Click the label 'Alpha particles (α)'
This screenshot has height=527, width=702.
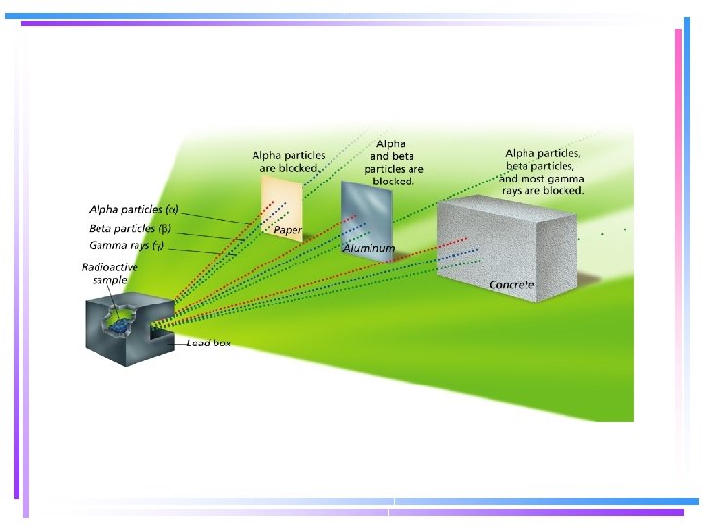tap(133, 209)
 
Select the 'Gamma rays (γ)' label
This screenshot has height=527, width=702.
tap(127, 245)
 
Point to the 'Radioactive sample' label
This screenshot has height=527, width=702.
tap(110, 273)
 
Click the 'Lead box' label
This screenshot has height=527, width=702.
tap(209, 344)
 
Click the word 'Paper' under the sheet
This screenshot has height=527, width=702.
tap(287, 230)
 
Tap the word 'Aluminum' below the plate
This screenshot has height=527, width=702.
tap(370, 249)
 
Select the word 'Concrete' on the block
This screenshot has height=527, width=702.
tap(512, 284)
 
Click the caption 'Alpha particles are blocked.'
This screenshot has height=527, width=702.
tap(290, 161)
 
